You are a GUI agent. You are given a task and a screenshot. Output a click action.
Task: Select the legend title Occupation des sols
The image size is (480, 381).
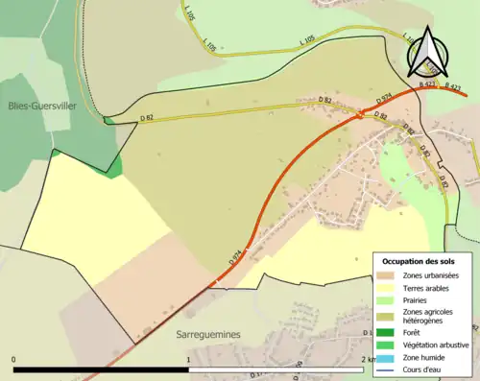click(420, 261)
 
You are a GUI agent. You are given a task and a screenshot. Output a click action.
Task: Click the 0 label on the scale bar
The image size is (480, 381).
click(14, 359)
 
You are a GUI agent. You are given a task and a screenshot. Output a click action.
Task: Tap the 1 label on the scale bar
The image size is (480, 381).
click(188, 359)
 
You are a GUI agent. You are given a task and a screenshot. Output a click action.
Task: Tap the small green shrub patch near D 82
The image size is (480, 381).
click(114, 167)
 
